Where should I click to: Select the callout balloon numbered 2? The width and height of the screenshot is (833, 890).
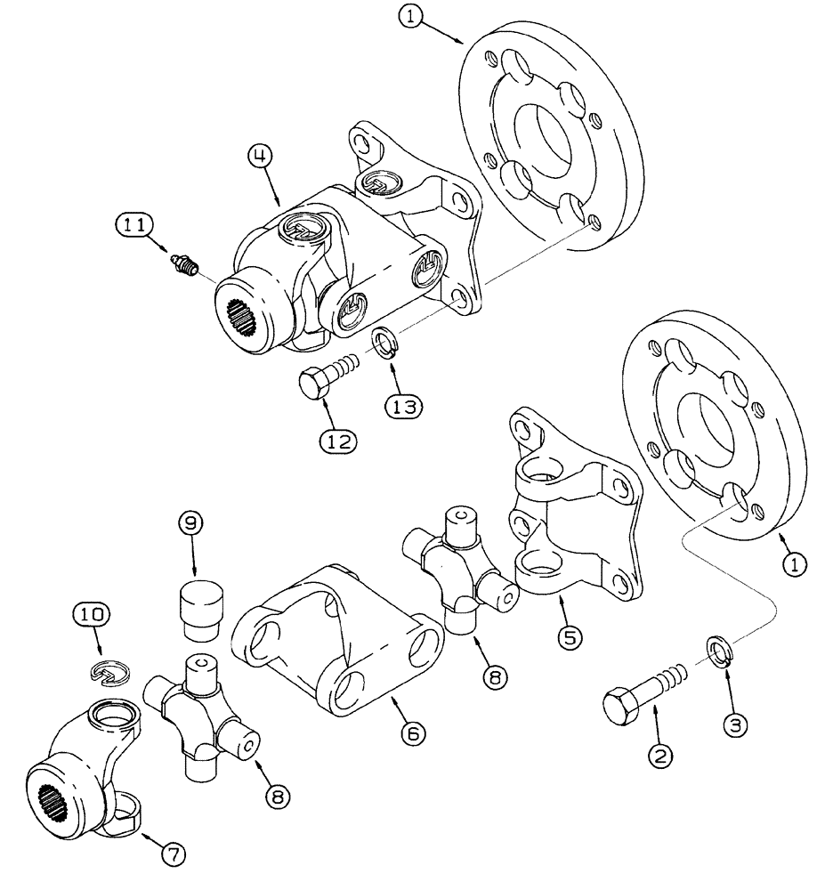(x=660, y=756)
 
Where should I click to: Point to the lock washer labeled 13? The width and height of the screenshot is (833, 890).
(x=384, y=341)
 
